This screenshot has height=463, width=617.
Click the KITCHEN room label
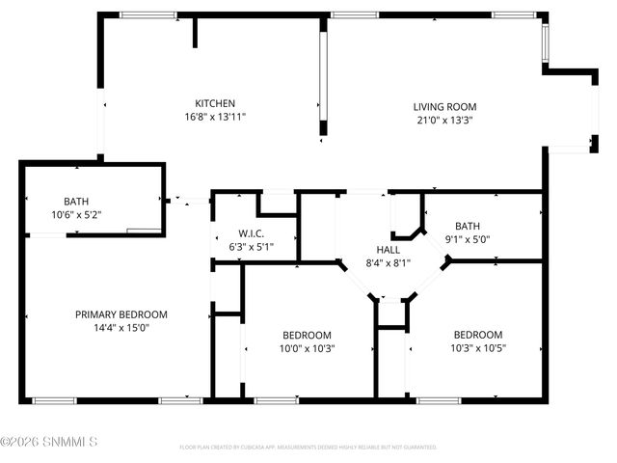pyautogui.click(x=215, y=103)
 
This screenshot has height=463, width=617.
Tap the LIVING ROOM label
pyautogui.click(x=444, y=107)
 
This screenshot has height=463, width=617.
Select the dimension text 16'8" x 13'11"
pyautogui.click(x=215, y=117)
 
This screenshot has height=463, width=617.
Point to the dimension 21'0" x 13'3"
pyautogui.click(x=444, y=121)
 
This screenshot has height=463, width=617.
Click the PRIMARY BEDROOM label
pyautogui.click(x=121, y=314)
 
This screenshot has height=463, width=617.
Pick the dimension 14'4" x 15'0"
pyautogui.click(x=121, y=328)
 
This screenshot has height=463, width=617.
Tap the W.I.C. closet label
pyautogui.click(x=252, y=233)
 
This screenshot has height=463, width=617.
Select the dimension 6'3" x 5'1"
pyautogui.click(x=252, y=246)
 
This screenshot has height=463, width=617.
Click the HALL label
pyautogui.click(x=389, y=249)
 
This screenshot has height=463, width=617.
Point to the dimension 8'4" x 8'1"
pyautogui.click(x=389, y=261)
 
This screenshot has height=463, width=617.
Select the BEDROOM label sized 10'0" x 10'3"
pyautogui.click(x=307, y=335)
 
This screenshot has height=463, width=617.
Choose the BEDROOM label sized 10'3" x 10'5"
pyautogui.click(x=478, y=335)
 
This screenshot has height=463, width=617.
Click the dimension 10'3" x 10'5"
pyautogui.click(x=478, y=348)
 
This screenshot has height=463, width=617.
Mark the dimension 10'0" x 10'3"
pyautogui.click(x=307, y=348)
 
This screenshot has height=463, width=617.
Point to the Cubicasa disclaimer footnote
pyautogui.click(x=308, y=448)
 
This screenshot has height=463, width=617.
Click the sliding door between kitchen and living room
pyautogui.click(x=325, y=77)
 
